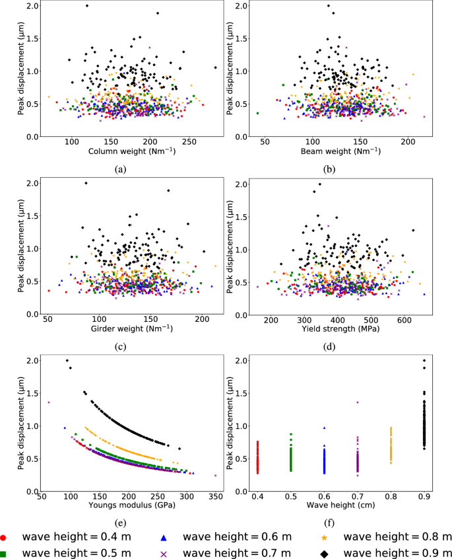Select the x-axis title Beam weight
pos(337,151)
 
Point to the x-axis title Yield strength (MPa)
pos(337,329)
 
